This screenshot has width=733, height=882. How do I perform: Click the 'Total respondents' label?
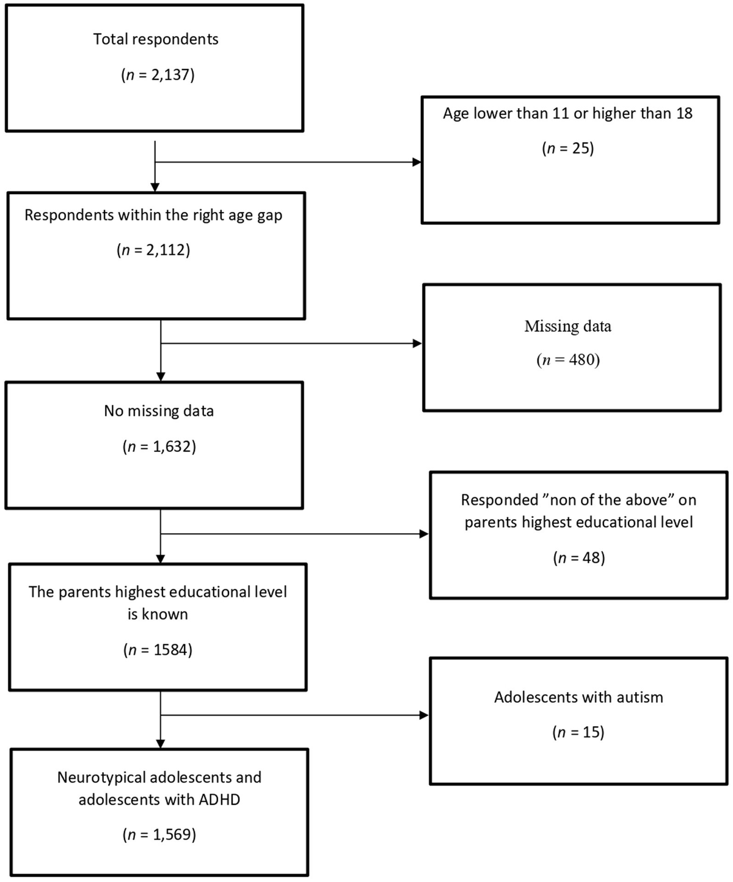coord(156,39)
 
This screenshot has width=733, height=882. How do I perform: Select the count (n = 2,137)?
coord(158,75)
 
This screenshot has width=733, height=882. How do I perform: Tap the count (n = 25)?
coord(567,148)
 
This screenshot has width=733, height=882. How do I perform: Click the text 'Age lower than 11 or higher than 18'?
coord(567,114)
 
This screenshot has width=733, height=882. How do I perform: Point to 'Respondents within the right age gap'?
coord(153,215)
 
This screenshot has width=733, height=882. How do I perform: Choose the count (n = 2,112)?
coord(153,250)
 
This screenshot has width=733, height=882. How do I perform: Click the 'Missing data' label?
coord(567,326)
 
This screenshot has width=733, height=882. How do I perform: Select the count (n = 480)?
coord(568,360)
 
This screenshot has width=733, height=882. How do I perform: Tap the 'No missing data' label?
coord(159,411)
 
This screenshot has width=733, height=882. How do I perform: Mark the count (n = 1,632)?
coord(159,446)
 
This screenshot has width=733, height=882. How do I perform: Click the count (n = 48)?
coord(578,558)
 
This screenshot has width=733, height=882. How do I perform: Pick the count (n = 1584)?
coord(158,650)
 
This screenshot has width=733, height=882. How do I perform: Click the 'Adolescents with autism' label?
coord(578,698)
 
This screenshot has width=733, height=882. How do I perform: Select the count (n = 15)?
coord(578,732)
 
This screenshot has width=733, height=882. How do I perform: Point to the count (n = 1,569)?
coord(159,835)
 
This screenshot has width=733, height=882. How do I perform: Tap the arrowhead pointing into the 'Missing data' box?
coord(418,343)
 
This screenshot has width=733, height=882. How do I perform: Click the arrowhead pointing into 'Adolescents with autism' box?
coord(425,715)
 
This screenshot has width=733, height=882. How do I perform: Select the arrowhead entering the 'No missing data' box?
coord(161,377)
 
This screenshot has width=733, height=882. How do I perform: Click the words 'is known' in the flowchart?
coord(158,614)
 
